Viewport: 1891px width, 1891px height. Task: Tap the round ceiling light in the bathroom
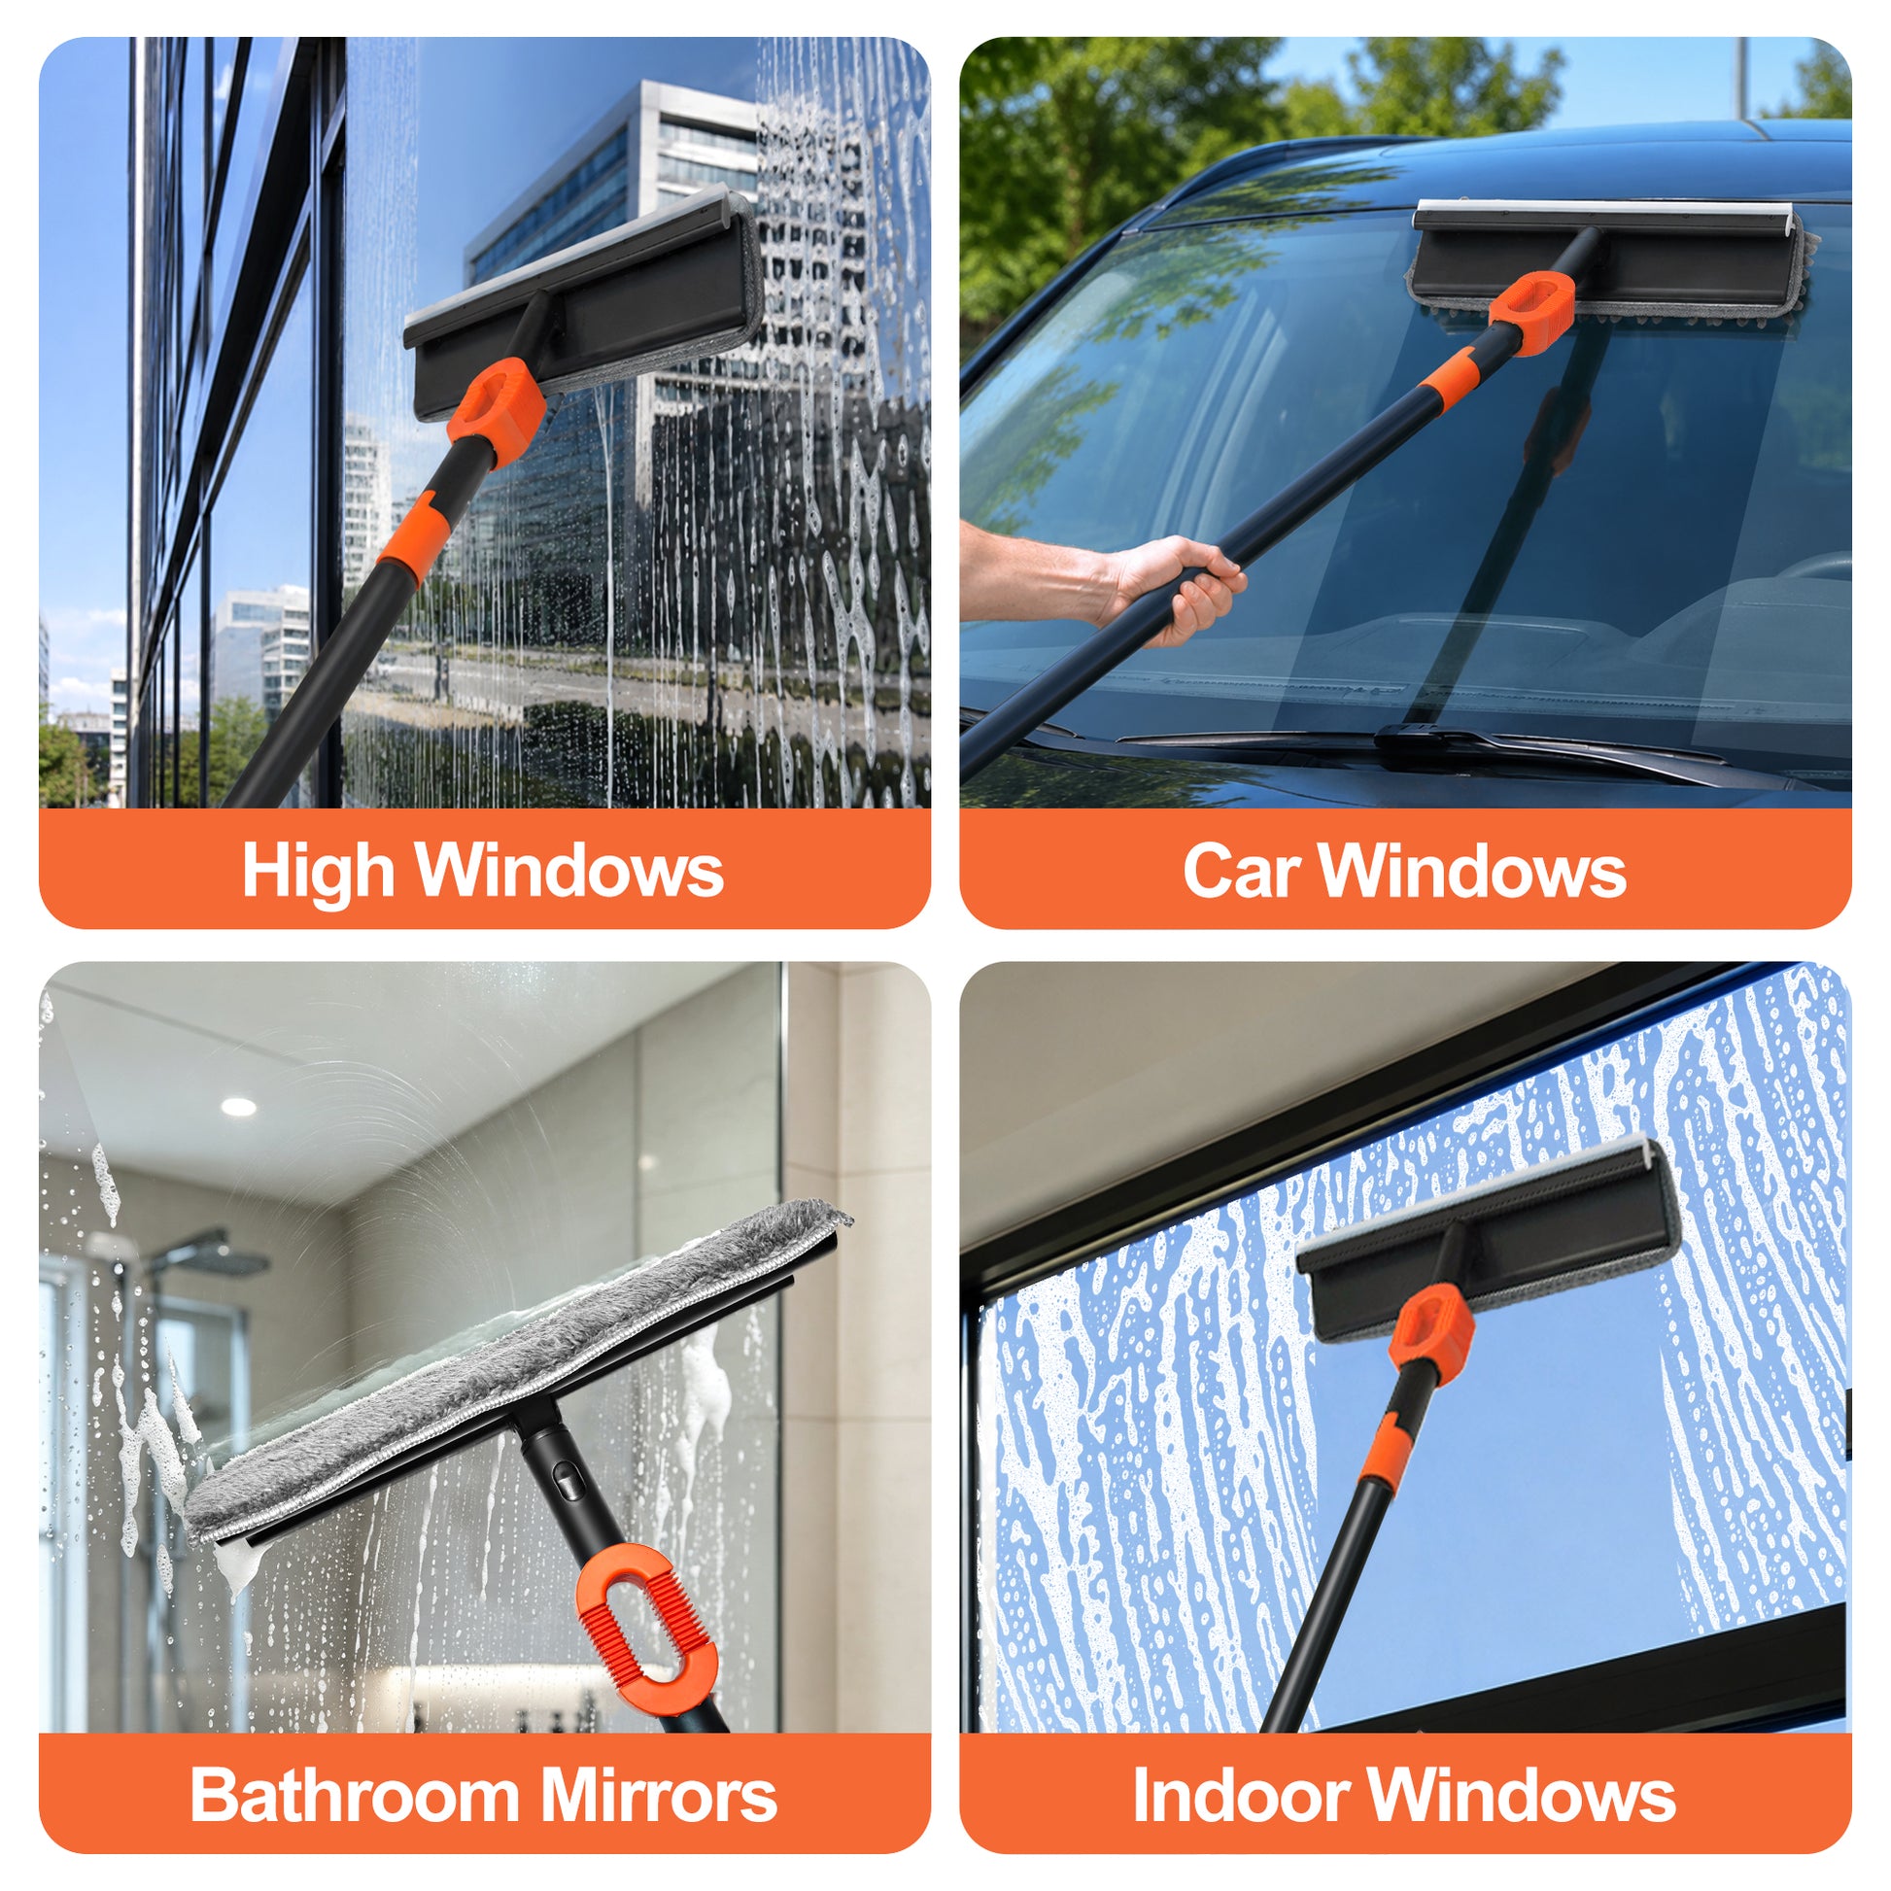[238, 1107]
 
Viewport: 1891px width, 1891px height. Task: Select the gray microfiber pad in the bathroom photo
[518, 1371]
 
